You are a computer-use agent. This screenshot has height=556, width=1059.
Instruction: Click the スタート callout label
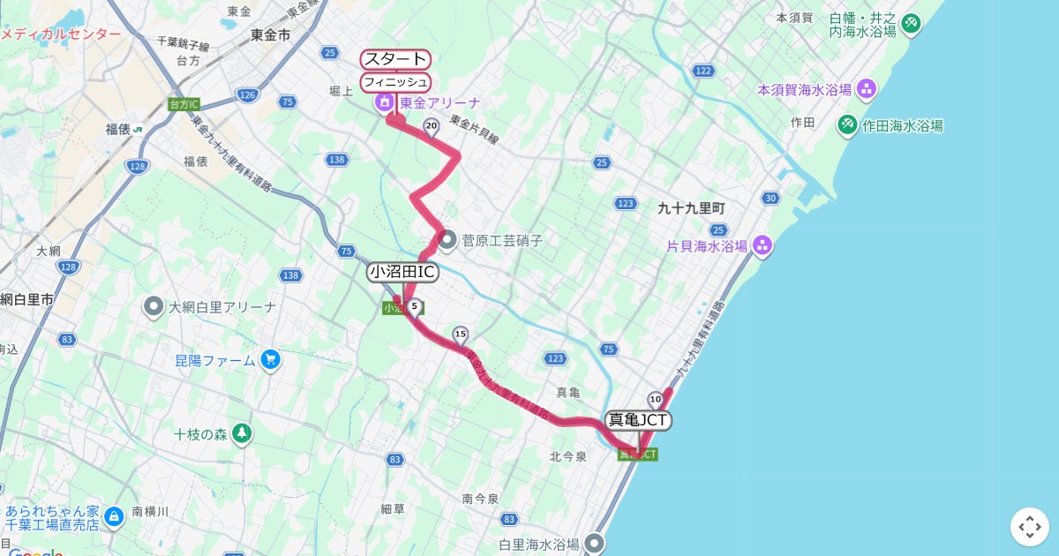(x=395, y=60)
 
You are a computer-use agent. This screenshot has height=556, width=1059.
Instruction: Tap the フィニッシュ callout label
(x=395, y=82)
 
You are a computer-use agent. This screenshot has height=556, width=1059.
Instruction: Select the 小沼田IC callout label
(x=402, y=272)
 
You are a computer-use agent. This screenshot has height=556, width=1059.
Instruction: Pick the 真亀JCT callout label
(x=638, y=420)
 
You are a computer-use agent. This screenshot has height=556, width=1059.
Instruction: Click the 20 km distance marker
(x=432, y=126)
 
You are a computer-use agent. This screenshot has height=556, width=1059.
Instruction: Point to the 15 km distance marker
(x=460, y=334)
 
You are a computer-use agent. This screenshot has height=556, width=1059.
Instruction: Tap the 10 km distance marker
(x=655, y=399)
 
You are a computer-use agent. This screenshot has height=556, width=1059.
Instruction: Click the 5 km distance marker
(x=414, y=305)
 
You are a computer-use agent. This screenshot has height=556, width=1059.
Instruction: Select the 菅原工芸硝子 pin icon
(x=447, y=239)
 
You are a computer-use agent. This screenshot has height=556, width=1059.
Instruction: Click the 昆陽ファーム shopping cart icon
(x=270, y=360)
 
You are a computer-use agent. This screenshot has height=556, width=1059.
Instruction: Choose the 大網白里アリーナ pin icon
(x=154, y=307)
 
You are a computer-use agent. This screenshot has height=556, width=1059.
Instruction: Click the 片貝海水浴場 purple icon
(x=762, y=245)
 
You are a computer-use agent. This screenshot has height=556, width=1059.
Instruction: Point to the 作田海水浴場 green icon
(x=847, y=124)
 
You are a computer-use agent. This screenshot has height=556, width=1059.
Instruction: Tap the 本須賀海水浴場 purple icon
(x=867, y=88)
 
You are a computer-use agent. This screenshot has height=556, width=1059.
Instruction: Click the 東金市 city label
(x=270, y=35)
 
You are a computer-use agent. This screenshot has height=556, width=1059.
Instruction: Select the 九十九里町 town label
(x=691, y=208)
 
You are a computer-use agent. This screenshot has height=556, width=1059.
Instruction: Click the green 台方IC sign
(x=183, y=104)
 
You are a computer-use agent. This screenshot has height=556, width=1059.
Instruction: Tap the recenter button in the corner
(x=1030, y=527)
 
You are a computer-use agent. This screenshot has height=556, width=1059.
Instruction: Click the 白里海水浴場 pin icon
(x=596, y=543)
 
